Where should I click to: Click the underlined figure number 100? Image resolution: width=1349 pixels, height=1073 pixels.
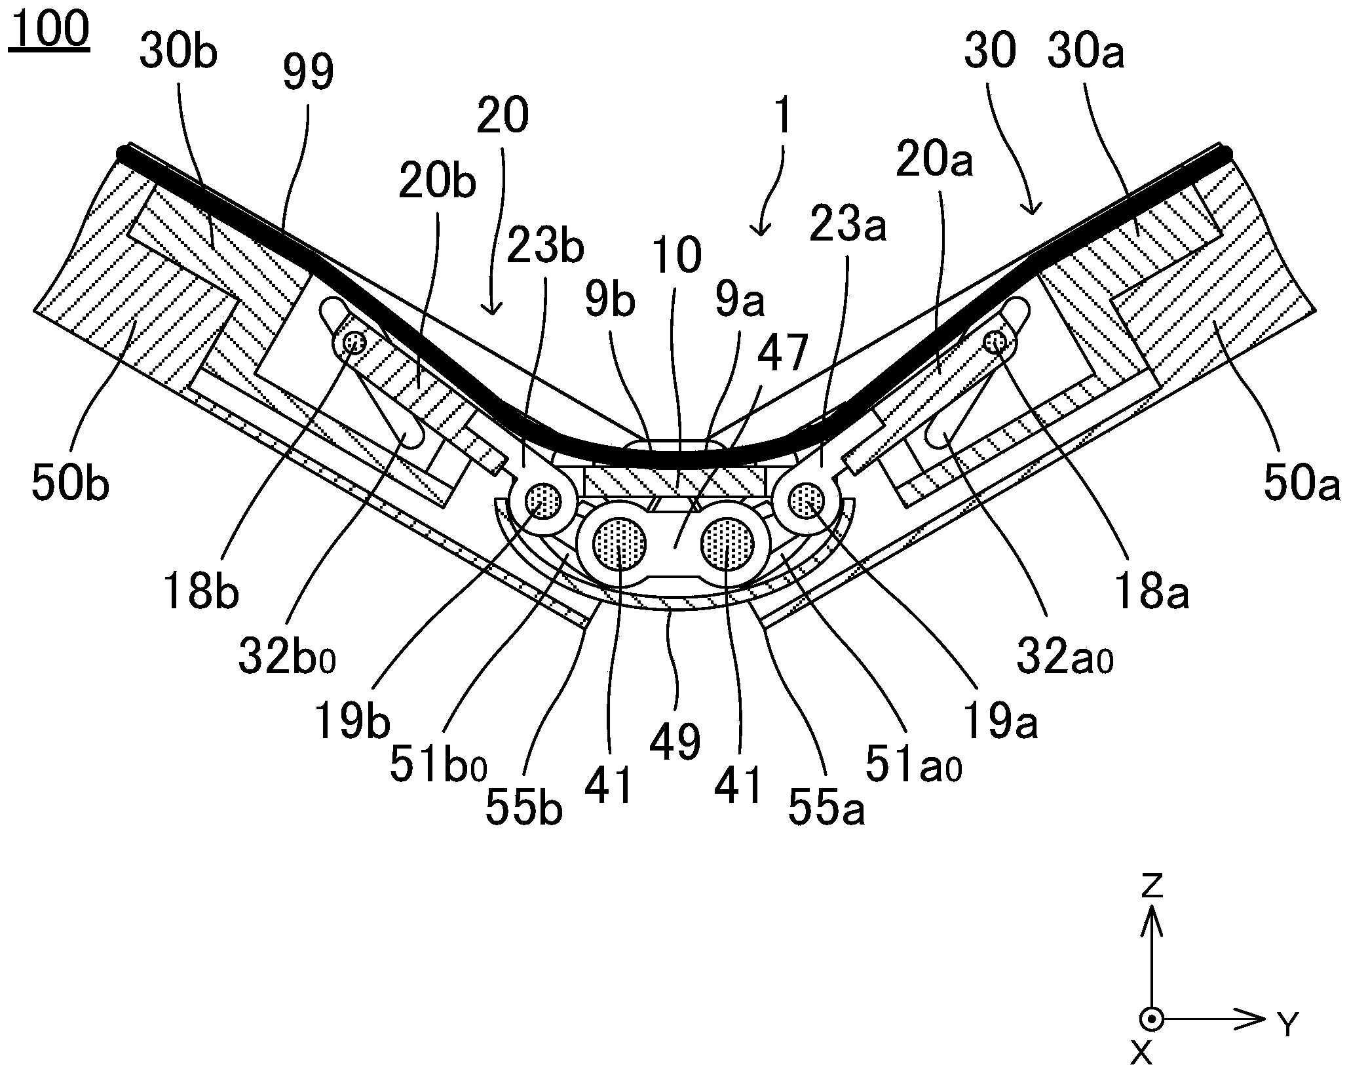pyautogui.click(x=48, y=30)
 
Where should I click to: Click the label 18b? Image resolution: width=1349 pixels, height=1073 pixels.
pyautogui.click(x=202, y=591)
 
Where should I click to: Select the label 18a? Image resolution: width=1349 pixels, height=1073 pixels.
pyautogui.click(x=1151, y=591)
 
